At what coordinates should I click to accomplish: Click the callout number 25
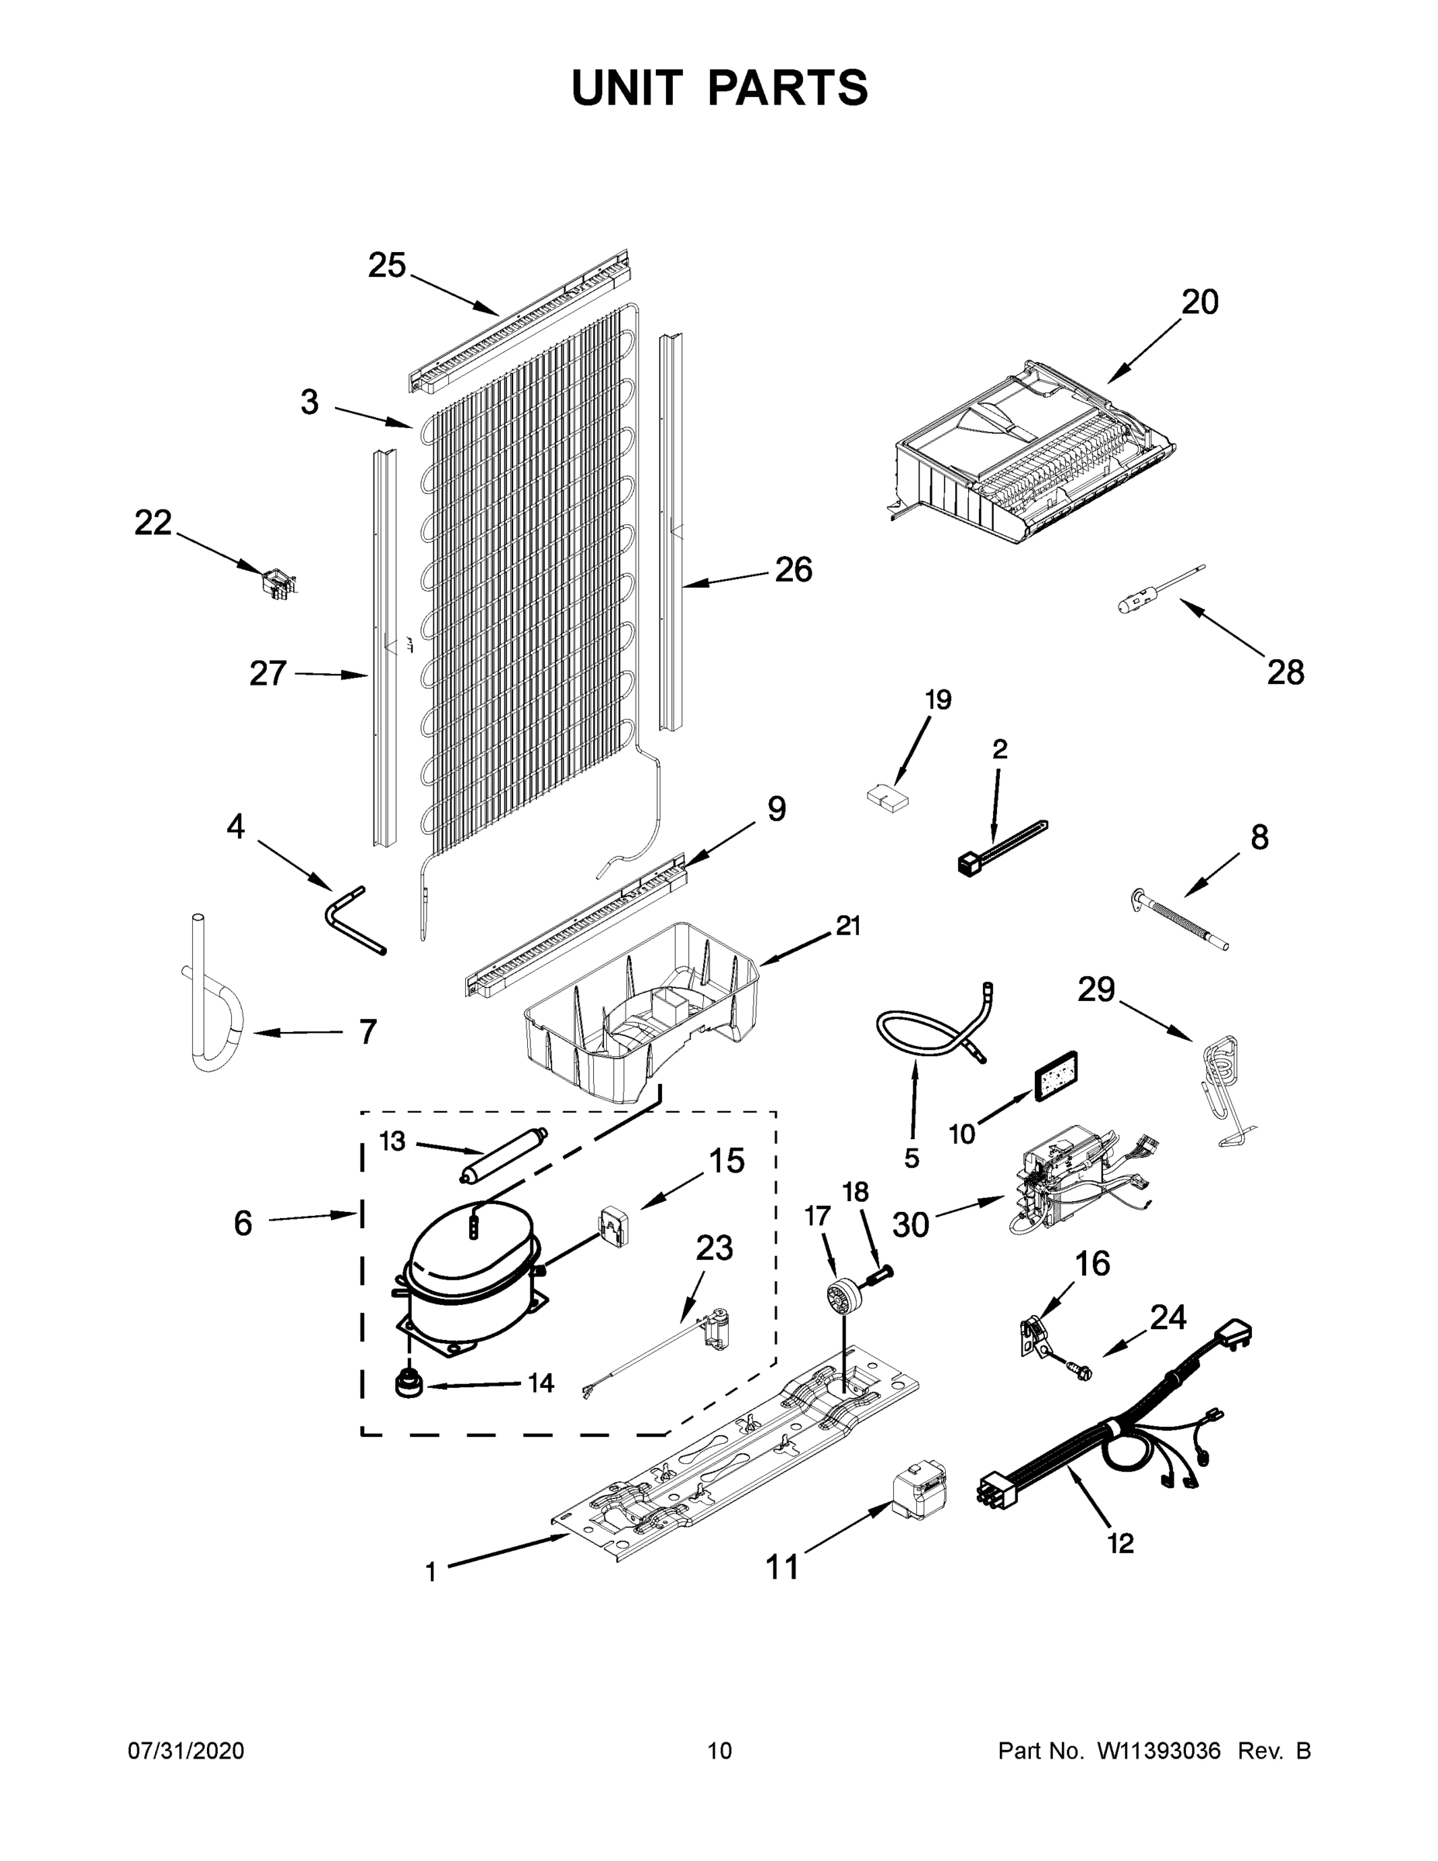click(x=386, y=266)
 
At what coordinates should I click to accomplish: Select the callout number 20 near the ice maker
click(x=1199, y=302)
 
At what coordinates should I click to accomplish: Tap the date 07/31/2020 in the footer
click(x=186, y=1751)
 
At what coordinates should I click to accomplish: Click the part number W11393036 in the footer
click(x=1159, y=1751)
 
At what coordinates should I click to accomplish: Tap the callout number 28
click(x=1285, y=672)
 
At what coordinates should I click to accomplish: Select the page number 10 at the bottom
click(x=719, y=1751)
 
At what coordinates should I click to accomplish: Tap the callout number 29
click(x=1095, y=989)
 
